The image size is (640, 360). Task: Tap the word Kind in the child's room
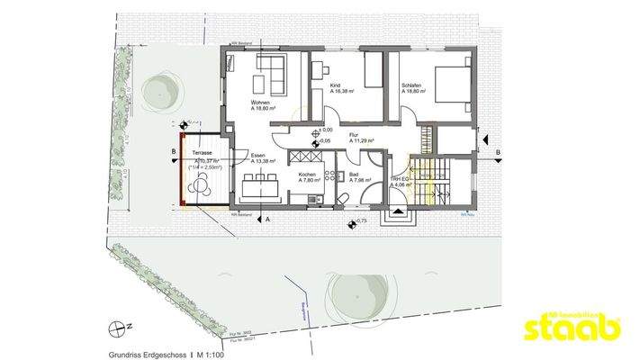click(x=335, y=85)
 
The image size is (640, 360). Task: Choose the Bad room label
click(x=354, y=174)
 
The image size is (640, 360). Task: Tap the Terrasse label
click(x=201, y=154)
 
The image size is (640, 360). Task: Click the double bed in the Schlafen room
click(x=450, y=85)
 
